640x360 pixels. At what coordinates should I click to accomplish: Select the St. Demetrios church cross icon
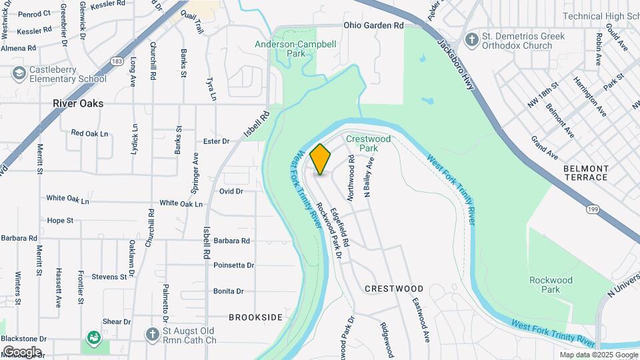point(472,39)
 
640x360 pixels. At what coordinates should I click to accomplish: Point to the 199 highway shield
point(591,209)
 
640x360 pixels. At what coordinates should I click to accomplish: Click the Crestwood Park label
point(368,143)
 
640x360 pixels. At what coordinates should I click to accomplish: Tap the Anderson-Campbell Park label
point(296,50)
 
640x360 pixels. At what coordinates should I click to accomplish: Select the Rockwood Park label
point(550,285)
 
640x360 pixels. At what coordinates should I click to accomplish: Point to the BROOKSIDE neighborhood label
point(256,317)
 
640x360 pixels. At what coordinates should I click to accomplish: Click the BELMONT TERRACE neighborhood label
point(586,173)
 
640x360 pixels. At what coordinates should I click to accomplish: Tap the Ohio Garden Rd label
point(374,25)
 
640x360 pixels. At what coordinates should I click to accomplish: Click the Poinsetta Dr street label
point(234,265)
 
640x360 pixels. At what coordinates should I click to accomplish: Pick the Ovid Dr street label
point(231,191)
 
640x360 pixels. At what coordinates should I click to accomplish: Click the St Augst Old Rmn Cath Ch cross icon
point(153,333)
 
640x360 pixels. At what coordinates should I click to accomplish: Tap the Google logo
point(22,351)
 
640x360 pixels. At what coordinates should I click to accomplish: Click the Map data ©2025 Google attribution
point(598,355)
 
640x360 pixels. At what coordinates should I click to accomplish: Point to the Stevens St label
point(109,277)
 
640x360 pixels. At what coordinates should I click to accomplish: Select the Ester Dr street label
point(216,141)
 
